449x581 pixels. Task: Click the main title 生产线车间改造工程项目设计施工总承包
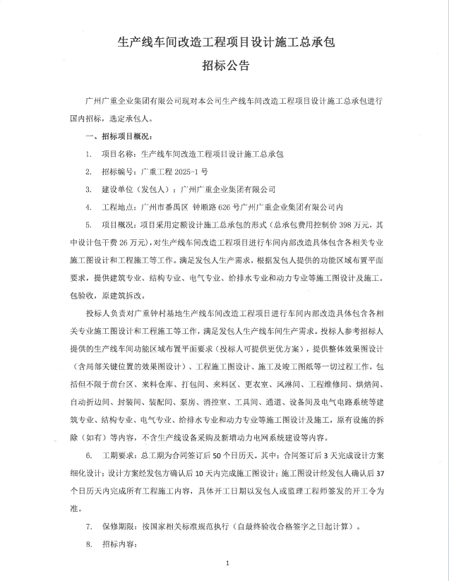[224, 42]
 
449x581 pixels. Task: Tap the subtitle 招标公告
[224, 67]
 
